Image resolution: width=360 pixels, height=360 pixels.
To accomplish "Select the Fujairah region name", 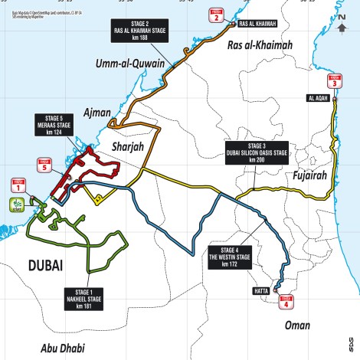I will pyautogui.click(x=310, y=175).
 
